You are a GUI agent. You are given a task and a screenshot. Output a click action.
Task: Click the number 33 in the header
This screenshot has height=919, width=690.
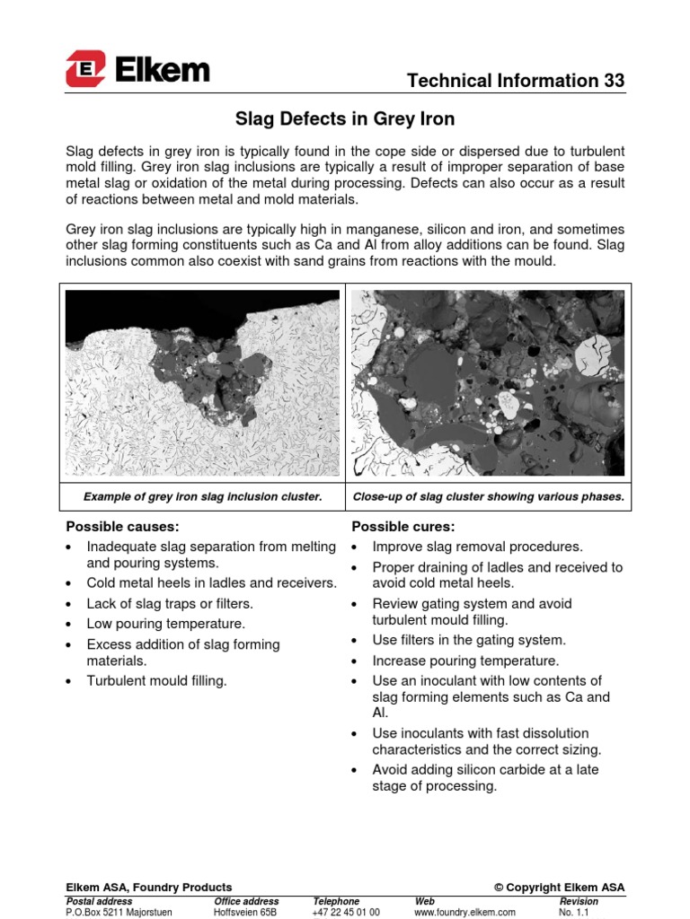614,81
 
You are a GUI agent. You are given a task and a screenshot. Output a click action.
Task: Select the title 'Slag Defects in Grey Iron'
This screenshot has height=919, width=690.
345,118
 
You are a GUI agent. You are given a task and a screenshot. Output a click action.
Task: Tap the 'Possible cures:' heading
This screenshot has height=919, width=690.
391,526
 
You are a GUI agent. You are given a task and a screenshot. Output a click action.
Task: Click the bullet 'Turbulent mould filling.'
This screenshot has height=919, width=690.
156,681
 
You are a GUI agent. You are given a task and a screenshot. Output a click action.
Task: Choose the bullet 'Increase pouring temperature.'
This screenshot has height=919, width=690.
465,661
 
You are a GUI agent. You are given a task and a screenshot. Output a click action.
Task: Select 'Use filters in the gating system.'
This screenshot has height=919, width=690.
469,640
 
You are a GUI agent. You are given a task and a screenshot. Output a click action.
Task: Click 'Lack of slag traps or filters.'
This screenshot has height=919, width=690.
170,603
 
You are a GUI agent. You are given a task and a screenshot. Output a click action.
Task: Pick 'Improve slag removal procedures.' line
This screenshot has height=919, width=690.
477,547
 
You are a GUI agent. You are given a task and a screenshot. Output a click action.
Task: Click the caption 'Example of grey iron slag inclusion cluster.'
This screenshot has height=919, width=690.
202,496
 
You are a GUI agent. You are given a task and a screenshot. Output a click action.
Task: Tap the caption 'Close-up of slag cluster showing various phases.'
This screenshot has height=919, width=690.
489,496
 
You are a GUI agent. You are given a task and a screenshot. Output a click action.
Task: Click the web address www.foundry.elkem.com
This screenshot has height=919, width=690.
464,912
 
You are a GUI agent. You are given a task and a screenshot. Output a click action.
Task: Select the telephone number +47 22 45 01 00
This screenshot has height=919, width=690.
346,912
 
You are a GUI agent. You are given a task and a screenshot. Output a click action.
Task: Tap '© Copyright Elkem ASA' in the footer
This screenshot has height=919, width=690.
559,888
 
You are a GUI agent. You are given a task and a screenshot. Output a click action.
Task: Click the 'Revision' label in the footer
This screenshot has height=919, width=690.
579,901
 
